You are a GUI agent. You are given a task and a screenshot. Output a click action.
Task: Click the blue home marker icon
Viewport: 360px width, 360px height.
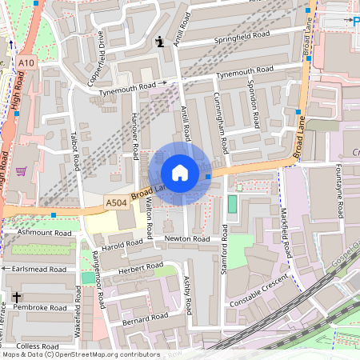(x=180, y=173)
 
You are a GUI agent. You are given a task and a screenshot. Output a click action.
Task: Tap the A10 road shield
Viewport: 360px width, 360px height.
(x=25, y=62)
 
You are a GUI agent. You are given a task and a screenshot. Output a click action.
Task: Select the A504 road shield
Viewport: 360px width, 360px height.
(x=116, y=204)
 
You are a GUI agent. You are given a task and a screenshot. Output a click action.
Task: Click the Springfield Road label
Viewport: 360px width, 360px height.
(x=238, y=38)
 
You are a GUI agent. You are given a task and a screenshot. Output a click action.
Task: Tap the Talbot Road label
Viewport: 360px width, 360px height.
(x=77, y=151)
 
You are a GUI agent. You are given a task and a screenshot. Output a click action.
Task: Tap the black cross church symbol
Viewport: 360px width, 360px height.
(x=16, y=298)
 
